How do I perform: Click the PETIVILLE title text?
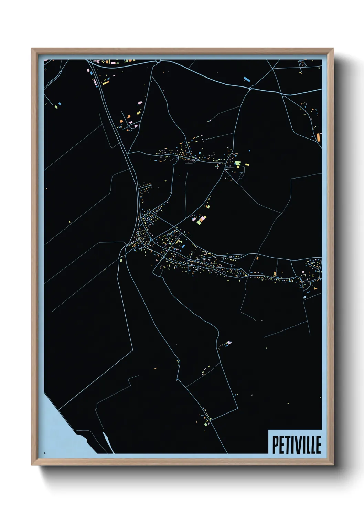297,445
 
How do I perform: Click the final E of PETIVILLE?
318,445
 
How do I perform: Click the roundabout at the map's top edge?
158,61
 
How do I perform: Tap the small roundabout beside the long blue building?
250,89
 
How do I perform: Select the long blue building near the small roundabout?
246,79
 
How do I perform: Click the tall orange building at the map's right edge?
319,138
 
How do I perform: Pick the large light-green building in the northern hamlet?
237,163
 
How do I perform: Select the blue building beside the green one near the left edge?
60,103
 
